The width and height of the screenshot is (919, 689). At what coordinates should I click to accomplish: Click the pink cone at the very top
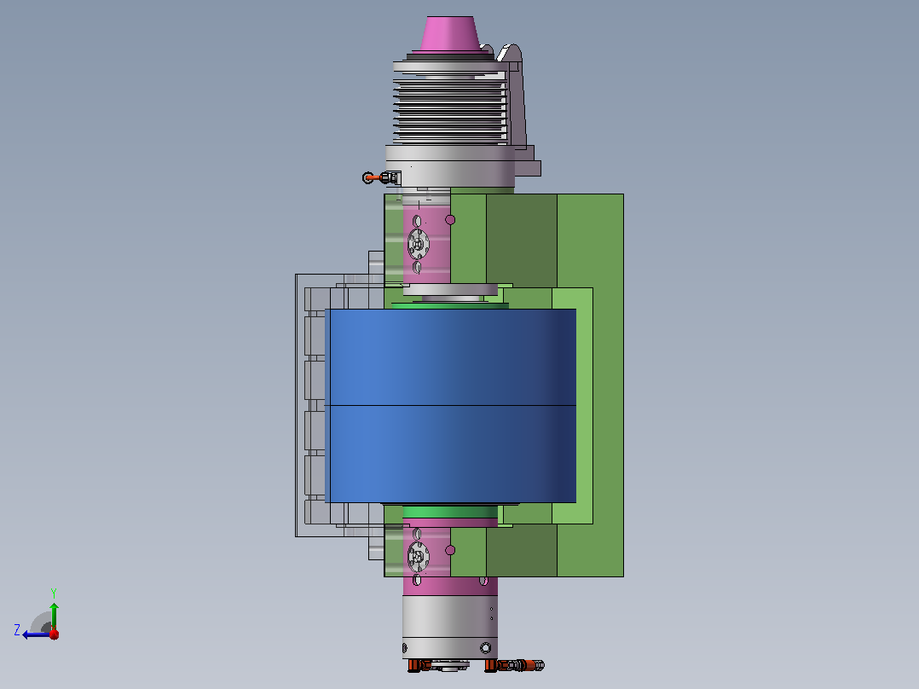[x=448, y=34]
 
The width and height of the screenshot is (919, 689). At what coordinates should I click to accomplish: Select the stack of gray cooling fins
[x=450, y=112]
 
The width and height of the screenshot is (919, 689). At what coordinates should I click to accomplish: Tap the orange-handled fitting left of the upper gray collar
[x=381, y=177]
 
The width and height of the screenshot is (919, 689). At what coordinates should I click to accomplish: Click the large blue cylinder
[x=450, y=406]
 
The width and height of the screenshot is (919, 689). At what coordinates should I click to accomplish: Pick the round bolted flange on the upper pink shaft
[x=418, y=243]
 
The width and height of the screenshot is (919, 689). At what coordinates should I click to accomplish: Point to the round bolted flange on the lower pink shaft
[x=418, y=556]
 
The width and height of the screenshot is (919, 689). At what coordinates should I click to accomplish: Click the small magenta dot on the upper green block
[x=450, y=219]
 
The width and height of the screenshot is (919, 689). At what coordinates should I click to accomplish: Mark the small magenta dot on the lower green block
[x=450, y=550]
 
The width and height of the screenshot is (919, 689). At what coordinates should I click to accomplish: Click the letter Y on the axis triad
[x=54, y=593]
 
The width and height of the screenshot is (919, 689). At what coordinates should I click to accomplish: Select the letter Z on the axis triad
[x=17, y=630]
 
